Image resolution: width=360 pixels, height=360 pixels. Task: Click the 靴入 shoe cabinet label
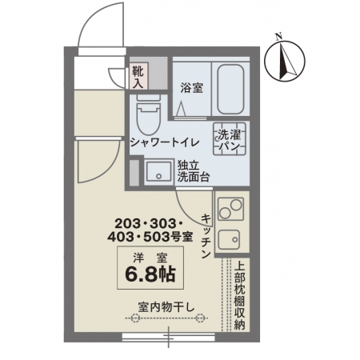(x=138, y=78)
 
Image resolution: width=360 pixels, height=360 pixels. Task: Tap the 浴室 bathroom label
(x=191, y=88)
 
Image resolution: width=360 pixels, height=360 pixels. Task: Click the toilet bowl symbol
(x=148, y=115)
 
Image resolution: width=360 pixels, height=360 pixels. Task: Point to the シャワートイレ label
(x=165, y=142)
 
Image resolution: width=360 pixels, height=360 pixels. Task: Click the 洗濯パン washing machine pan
(x=230, y=138)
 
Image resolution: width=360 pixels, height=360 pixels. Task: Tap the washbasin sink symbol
(x=158, y=172)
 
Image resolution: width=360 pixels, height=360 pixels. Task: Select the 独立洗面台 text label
(x=194, y=172)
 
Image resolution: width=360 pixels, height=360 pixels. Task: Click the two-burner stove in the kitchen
(x=231, y=209)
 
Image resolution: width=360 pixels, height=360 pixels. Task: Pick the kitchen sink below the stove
(x=229, y=239)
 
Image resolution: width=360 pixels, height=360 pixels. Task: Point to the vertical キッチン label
(x=206, y=236)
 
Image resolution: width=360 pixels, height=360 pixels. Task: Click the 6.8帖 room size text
(x=150, y=274)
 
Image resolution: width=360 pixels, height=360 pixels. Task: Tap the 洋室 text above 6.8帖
(x=150, y=258)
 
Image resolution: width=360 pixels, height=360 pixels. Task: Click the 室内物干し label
(x=166, y=307)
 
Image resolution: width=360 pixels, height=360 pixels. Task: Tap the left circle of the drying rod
(x=135, y=318)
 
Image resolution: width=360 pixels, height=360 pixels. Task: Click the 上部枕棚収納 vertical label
(x=239, y=295)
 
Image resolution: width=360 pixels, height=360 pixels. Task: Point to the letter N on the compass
(x=279, y=37)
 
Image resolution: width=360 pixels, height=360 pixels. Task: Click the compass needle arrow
(x=286, y=62)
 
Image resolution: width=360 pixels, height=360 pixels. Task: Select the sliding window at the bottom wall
(x=168, y=338)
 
